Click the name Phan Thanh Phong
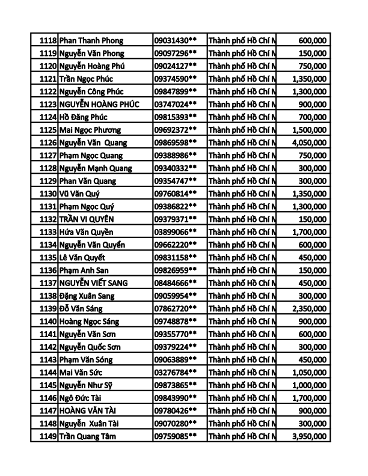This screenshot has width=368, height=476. tap(91, 40)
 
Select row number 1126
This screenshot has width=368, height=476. tap(48, 142)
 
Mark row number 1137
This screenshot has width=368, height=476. tap(48, 283)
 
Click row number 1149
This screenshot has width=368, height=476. tap(48, 436)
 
